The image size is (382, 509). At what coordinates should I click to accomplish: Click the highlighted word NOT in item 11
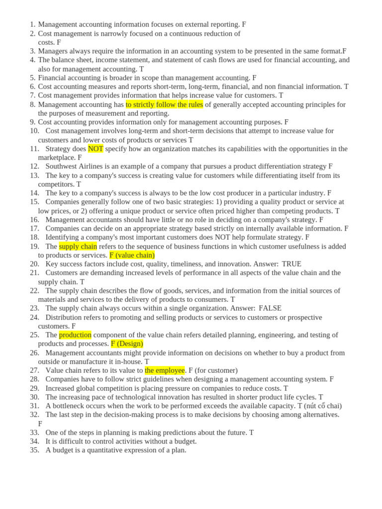(95, 149)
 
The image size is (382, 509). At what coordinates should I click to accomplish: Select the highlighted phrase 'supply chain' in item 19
(78, 247)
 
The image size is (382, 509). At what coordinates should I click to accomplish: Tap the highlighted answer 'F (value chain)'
(132, 255)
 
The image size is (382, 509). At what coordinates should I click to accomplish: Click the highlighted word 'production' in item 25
(75, 335)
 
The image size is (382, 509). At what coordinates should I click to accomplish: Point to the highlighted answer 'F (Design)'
(127, 343)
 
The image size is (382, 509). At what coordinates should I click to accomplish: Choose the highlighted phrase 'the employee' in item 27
(165, 370)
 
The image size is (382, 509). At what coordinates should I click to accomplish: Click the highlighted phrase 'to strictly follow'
(151, 104)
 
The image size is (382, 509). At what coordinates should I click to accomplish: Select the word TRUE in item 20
(291, 264)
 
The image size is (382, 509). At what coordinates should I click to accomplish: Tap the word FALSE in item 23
(270, 308)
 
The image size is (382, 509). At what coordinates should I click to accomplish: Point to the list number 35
(34, 450)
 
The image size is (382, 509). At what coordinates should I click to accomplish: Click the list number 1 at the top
(32, 24)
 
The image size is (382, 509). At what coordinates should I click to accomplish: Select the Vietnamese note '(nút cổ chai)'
(319, 406)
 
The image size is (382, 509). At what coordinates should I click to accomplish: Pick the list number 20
(34, 264)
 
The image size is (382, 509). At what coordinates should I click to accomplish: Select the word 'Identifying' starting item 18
(63, 238)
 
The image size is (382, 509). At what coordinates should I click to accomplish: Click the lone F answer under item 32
(40, 424)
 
